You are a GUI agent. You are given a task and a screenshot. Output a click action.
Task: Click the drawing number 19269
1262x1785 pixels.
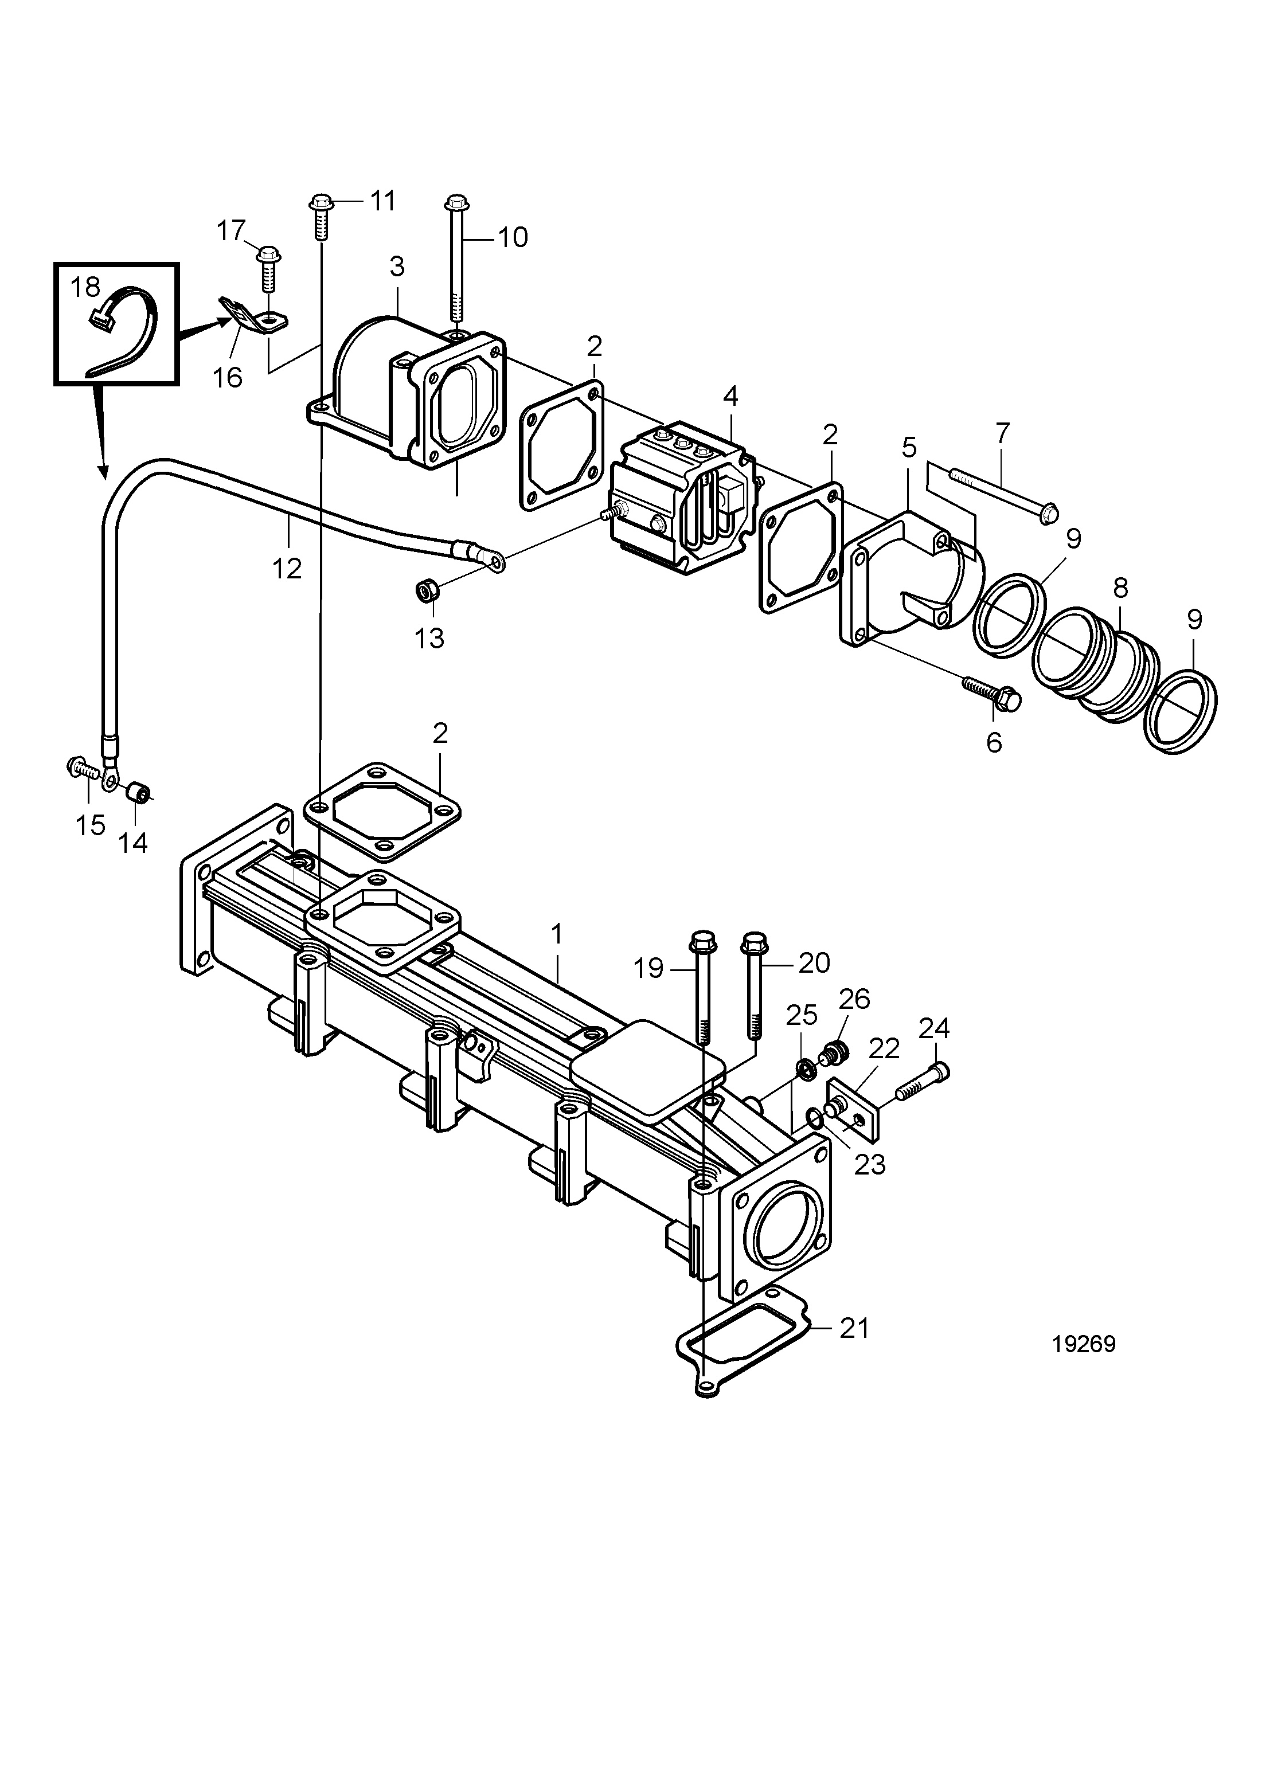1083,1344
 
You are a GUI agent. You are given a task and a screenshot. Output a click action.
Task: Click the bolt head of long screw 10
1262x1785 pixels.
456,203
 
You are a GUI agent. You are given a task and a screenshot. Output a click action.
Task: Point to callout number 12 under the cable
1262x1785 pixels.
287,569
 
